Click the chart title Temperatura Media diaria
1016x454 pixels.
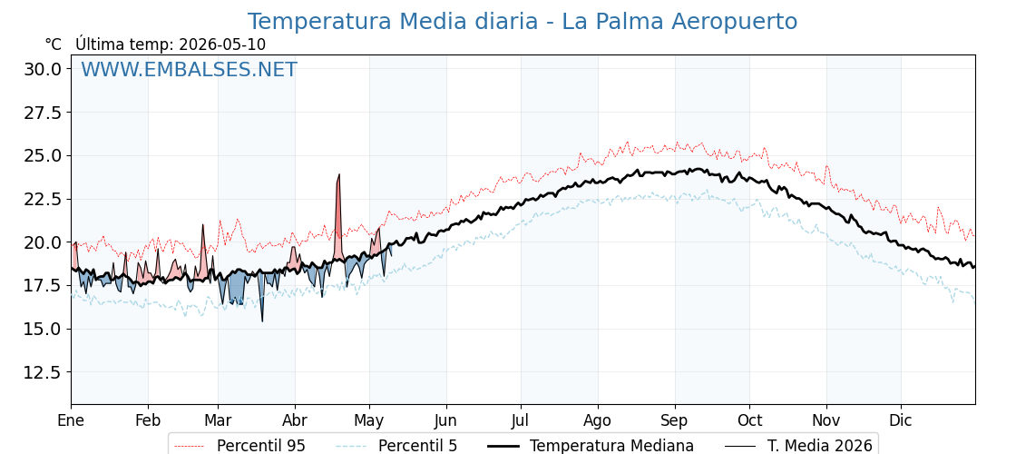[x=393, y=22]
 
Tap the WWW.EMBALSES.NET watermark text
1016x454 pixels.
[x=190, y=69]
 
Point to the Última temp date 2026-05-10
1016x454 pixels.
[x=222, y=44]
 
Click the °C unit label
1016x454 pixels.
[x=54, y=44]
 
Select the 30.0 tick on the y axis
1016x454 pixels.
[x=43, y=69]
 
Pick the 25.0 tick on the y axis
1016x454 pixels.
[x=43, y=155]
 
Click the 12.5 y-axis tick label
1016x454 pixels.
[x=43, y=372]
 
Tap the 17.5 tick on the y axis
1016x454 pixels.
[x=43, y=285]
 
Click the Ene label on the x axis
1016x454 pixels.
[x=71, y=420]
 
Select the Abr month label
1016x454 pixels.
[x=295, y=420]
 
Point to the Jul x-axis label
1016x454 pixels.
[x=521, y=420]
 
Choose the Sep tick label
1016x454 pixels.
[x=675, y=420]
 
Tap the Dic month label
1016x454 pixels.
[x=901, y=420]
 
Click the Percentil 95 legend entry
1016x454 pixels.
[x=239, y=446]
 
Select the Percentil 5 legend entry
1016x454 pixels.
[x=396, y=446]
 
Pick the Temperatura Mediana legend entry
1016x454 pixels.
[x=589, y=446]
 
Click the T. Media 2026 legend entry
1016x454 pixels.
[x=798, y=446]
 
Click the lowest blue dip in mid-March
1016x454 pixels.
[x=262, y=321]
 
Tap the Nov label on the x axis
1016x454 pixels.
[x=826, y=420]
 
